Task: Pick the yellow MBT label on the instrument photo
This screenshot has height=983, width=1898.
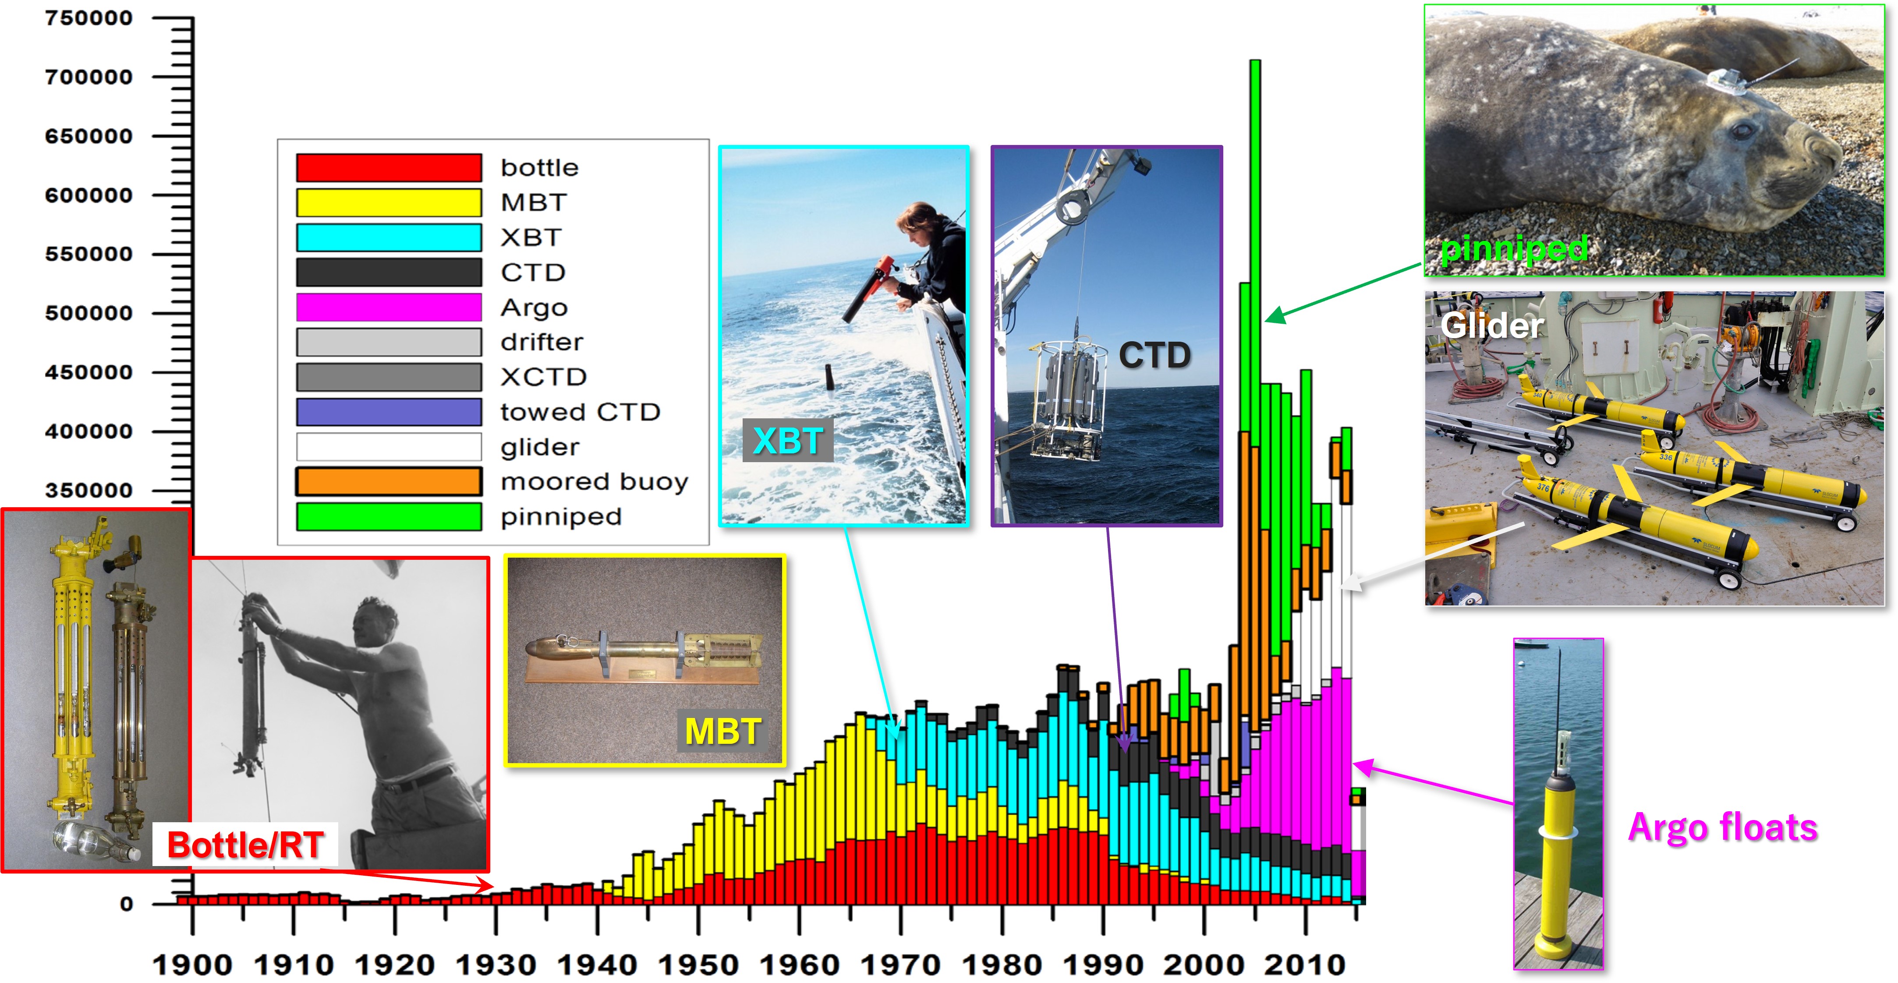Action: click(722, 731)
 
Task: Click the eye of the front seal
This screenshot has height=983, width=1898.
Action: click(1742, 131)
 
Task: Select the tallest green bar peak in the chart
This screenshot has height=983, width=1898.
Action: click(1255, 62)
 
